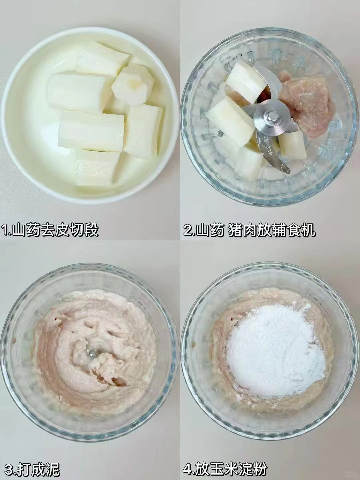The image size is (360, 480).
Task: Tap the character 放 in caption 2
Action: (264, 229)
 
